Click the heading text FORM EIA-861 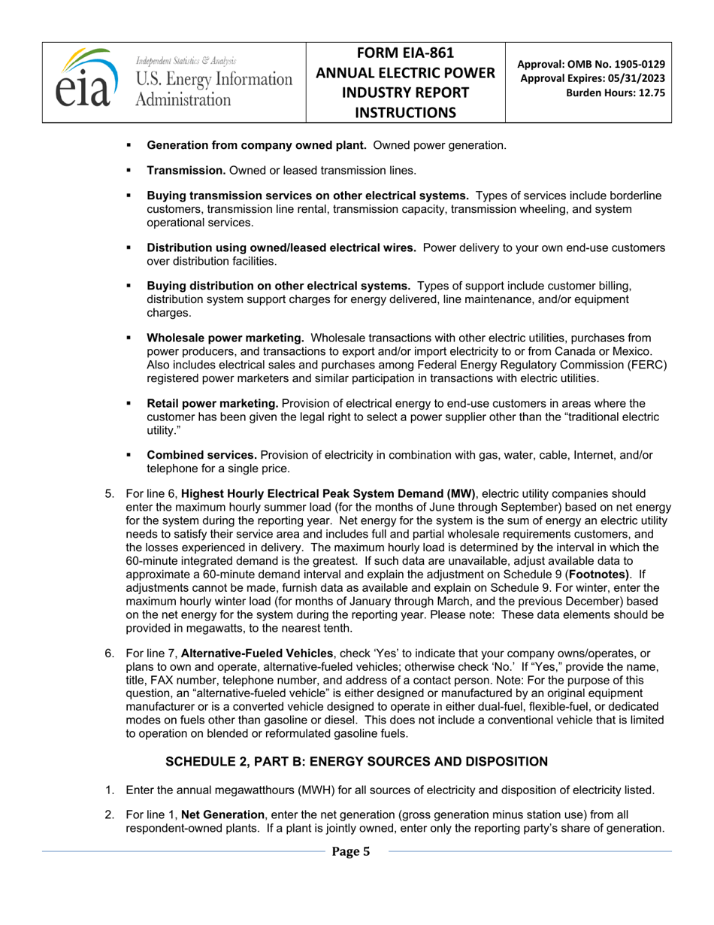click(405, 53)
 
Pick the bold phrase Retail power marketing click(213, 404)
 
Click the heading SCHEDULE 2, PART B click(356, 761)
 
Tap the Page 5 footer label click(351, 851)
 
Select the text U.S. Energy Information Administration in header click(213, 88)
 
